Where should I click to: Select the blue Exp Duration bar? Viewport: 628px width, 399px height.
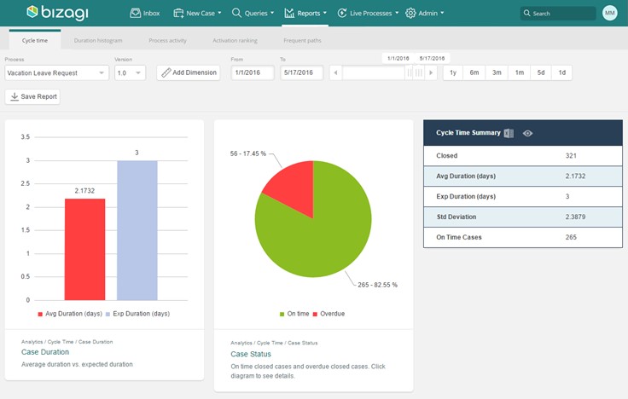(137, 230)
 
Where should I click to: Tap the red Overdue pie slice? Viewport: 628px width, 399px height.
(289, 184)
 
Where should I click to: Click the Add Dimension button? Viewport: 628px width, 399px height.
(189, 73)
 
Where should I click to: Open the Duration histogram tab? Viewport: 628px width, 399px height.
(98, 41)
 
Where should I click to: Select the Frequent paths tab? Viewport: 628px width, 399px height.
(302, 41)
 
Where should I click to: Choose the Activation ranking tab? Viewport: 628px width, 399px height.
(235, 41)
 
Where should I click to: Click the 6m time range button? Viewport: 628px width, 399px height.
(474, 73)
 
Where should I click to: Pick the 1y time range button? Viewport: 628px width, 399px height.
(453, 73)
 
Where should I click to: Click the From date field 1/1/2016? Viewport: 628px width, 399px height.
(252, 73)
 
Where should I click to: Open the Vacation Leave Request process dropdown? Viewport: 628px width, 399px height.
(56, 73)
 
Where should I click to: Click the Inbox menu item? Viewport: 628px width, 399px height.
(144, 13)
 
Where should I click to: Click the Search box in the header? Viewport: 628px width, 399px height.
(558, 14)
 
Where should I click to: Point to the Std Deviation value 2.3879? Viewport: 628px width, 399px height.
(577, 217)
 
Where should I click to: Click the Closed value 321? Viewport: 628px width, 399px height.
(572, 156)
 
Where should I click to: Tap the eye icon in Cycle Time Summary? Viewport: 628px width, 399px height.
(528, 133)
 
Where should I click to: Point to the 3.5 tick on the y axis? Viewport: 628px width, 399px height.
(26, 136)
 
